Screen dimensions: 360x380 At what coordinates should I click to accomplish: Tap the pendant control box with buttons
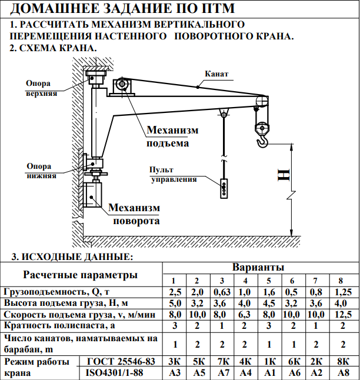tap(224, 189)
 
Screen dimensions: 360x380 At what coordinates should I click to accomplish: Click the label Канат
tap(216, 74)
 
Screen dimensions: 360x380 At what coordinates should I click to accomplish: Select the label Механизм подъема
tap(172, 136)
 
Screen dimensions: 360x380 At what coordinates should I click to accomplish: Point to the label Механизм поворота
tap(134, 214)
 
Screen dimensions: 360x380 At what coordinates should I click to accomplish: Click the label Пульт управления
tap(173, 175)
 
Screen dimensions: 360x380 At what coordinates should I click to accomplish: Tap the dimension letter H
tap(284, 175)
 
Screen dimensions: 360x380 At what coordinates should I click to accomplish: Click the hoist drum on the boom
tap(122, 85)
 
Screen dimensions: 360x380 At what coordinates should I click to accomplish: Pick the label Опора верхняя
tap(41, 88)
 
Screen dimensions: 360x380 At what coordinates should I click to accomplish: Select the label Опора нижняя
tap(41, 171)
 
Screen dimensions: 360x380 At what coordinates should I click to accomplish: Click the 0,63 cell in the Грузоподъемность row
tap(222, 292)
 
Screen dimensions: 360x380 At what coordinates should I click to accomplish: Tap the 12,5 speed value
tap(343, 315)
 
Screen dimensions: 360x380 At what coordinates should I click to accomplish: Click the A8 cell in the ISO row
tap(344, 372)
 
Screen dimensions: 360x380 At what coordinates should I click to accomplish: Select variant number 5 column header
tap(269, 281)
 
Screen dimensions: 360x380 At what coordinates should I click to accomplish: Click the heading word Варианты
tap(258, 267)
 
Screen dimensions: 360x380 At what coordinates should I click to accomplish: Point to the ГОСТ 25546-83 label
tap(121, 361)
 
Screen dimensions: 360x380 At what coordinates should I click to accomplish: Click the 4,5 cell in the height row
tap(269, 304)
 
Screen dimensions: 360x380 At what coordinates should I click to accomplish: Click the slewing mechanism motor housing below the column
tap(92, 195)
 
